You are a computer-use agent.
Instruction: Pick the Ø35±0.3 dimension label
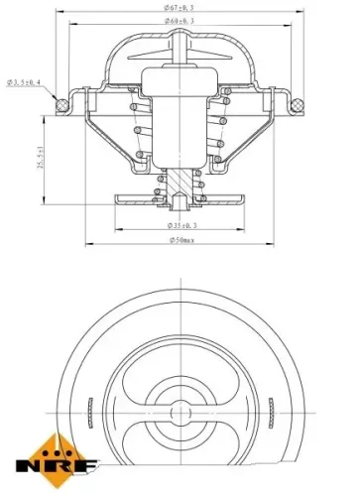[x=180, y=226]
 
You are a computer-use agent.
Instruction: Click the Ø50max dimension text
[x=180, y=240]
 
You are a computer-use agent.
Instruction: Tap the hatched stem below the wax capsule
[x=179, y=184]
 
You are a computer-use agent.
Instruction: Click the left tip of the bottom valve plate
[x=118, y=197]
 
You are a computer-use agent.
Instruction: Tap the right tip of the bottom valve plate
[x=241, y=197]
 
